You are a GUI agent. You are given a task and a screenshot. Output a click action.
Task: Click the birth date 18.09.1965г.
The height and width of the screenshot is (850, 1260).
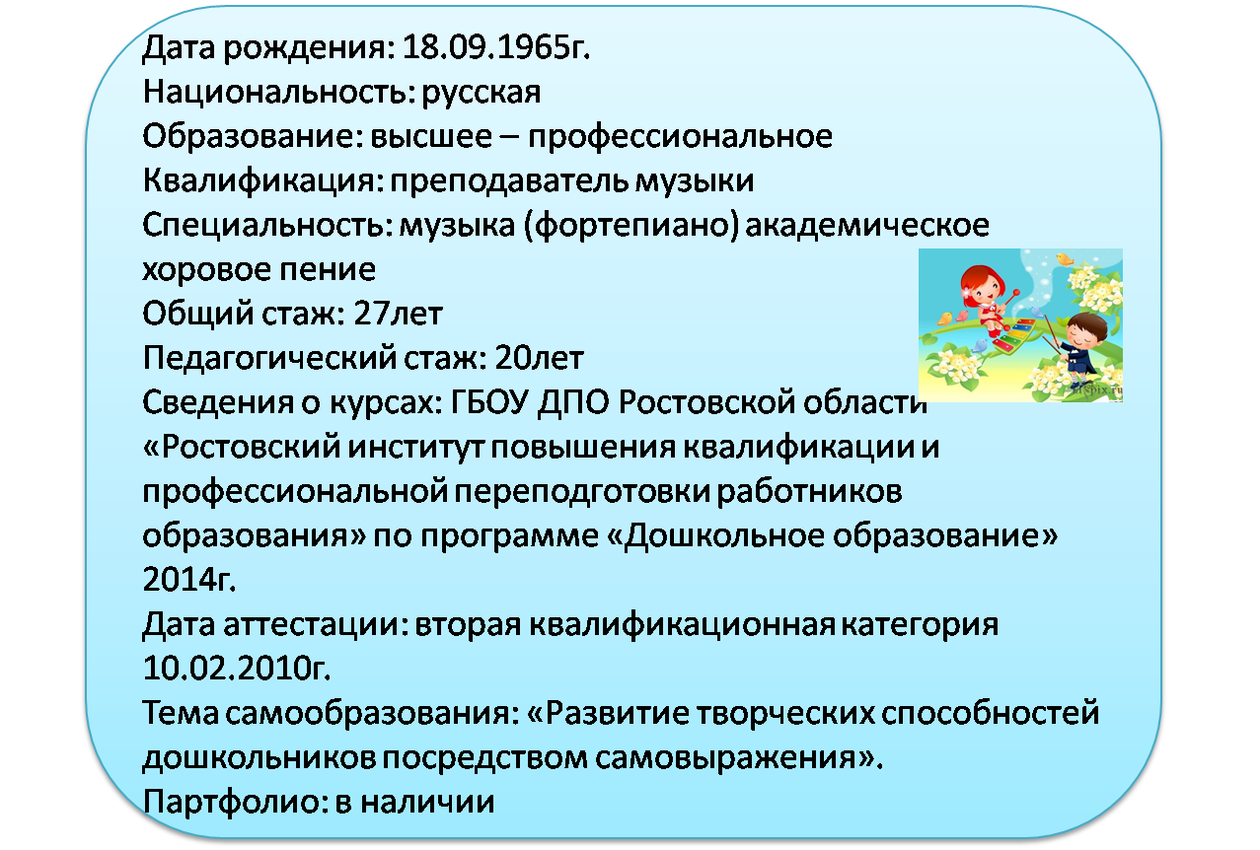[496, 47]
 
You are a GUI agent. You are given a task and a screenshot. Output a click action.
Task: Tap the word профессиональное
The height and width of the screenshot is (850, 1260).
[680, 137]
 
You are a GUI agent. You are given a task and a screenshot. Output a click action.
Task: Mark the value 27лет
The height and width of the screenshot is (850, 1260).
[398, 314]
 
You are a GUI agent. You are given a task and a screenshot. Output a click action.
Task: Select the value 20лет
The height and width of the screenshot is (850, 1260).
[539, 358]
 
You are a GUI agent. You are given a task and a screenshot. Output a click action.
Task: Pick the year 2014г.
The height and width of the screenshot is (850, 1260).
[189, 580]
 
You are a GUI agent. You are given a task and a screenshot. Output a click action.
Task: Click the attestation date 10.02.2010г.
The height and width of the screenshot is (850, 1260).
[236, 669]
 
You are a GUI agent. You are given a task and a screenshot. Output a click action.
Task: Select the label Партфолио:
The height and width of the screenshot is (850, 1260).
[236, 803]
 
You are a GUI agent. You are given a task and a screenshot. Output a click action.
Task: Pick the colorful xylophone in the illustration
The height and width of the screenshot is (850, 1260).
[1013, 336]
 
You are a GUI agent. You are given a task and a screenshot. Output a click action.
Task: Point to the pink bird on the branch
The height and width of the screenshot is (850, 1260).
[961, 316]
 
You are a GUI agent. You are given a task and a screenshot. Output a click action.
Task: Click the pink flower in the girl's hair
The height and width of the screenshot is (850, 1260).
[968, 292]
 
